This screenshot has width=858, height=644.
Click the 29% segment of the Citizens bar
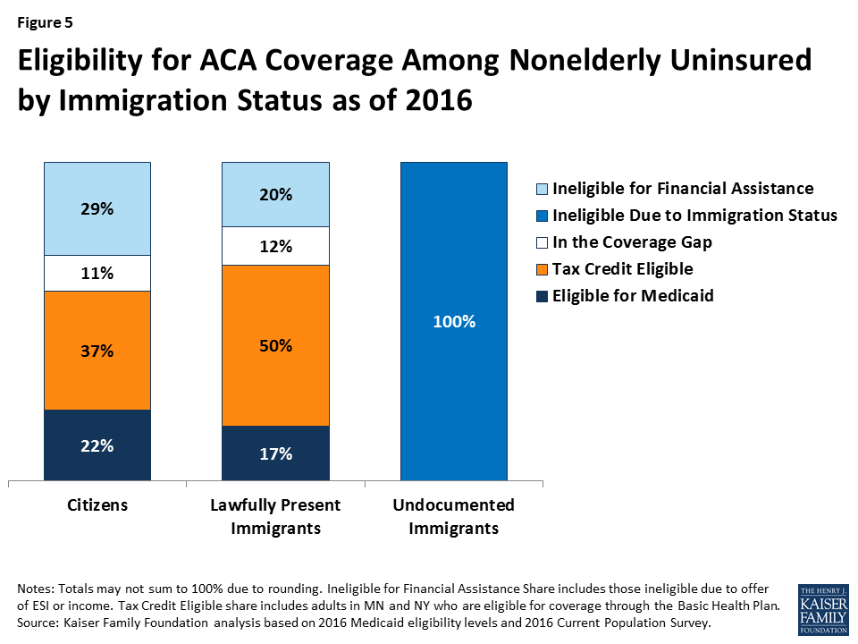tap(97, 209)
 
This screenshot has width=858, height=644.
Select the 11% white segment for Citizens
tap(97, 274)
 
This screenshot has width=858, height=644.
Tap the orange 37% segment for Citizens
tap(97, 351)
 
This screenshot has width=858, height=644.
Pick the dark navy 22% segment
tap(97, 445)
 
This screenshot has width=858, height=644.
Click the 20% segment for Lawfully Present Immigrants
tap(275, 194)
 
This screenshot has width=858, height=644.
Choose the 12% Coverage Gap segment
tap(275, 246)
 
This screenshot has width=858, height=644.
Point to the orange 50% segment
tap(275, 345)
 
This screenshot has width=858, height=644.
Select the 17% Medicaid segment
tap(275, 453)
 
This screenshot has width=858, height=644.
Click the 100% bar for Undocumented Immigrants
tap(454, 320)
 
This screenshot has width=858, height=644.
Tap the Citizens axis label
tap(97, 505)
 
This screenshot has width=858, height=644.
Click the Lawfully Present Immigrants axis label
tap(275, 516)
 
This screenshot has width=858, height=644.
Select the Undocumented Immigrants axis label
tap(454, 516)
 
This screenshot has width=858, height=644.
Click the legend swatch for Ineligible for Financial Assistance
tap(540, 189)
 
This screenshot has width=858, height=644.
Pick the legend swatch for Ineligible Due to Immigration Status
tap(540, 216)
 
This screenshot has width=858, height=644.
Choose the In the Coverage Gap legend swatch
tap(540, 242)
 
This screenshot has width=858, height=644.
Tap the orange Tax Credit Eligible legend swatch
tap(540, 269)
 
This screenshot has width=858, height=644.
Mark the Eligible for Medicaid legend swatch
tap(540, 296)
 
